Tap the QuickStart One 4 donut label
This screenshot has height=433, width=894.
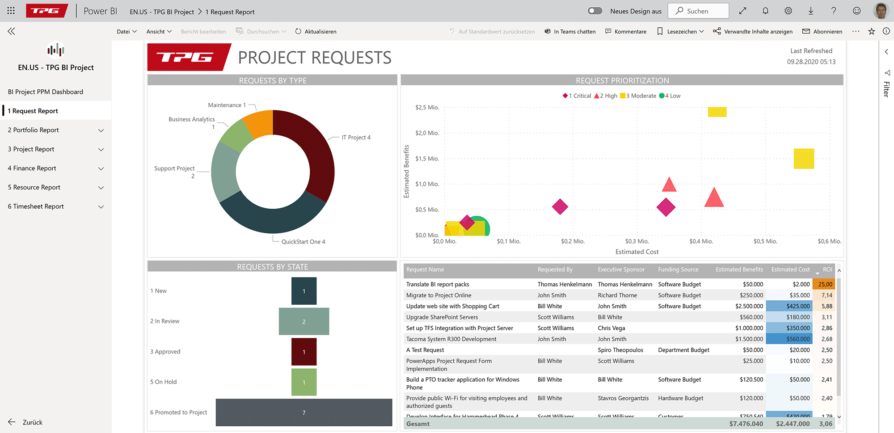[x=303, y=242]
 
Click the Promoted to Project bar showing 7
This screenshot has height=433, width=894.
[x=304, y=412]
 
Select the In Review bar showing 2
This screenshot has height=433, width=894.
[x=304, y=321]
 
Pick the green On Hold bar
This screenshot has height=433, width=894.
[x=304, y=382]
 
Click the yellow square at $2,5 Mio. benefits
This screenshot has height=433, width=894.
[x=717, y=112]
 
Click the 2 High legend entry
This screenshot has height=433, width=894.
[x=606, y=96]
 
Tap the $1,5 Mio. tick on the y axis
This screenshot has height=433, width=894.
[x=427, y=159]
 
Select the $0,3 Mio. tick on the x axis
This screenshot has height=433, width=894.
[x=637, y=241]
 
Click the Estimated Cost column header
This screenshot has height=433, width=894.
[x=790, y=269]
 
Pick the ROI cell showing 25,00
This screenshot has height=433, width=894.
[x=825, y=284]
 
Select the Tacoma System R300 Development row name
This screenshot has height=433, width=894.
[x=451, y=339]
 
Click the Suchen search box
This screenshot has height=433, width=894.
[x=698, y=11]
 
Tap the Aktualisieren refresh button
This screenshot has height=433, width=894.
[x=316, y=32]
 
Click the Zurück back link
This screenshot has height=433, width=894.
[x=32, y=422]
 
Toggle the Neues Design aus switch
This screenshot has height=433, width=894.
[x=595, y=11]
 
